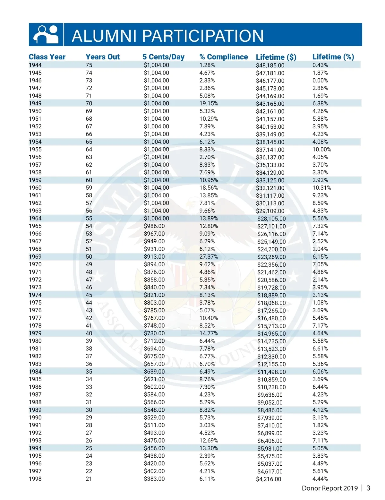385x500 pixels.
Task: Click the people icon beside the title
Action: (x=46, y=34)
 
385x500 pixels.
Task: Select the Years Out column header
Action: (x=102, y=57)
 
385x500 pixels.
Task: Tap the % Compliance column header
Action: (x=224, y=57)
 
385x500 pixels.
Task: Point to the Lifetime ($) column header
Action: (x=276, y=57)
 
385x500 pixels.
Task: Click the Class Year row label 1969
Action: (x=35, y=257)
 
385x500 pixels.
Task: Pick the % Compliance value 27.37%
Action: (x=209, y=257)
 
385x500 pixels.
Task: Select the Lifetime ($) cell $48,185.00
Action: (x=270, y=65)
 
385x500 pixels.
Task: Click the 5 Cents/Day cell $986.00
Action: (x=154, y=226)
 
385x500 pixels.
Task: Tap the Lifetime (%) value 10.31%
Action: (x=322, y=188)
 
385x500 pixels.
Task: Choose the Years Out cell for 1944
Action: (x=89, y=65)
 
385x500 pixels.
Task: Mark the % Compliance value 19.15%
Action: (x=209, y=103)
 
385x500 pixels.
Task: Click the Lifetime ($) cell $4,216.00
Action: (x=269, y=479)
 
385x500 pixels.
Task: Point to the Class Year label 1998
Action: (x=35, y=479)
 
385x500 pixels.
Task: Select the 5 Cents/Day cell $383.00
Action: (x=154, y=479)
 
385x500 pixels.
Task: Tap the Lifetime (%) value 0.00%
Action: (x=320, y=81)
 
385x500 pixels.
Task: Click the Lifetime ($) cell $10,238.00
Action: (x=271, y=387)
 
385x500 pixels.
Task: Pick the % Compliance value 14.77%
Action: (x=209, y=333)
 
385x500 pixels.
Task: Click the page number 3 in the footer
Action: (x=368, y=488)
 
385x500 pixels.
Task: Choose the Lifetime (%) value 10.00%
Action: (x=322, y=150)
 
